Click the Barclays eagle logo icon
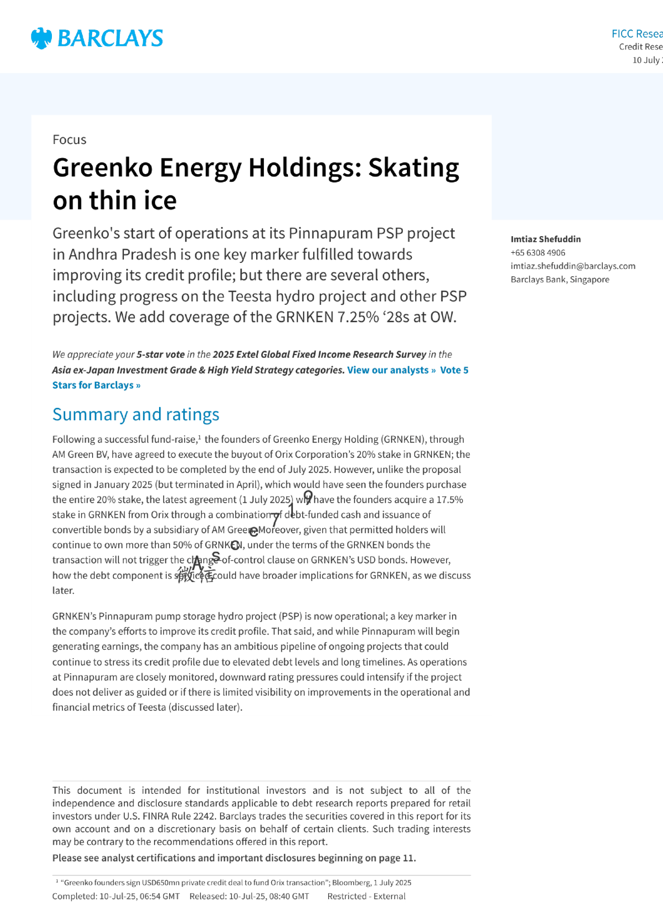click(x=41, y=39)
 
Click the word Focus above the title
click(x=69, y=140)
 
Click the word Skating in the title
click(x=414, y=167)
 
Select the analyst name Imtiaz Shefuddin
click(x=545, y=239)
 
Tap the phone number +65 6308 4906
click(x=537, y=253)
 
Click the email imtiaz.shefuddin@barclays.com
click(x=573, y=266)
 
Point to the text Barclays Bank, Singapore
click(x=560, y=280)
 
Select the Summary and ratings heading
click(x=136, y=415)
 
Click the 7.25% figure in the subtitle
click(x=358, y=317)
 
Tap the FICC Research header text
click(x=637, y=34)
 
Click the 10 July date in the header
click(x=647, y=60)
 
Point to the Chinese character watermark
click(x=196, y=575)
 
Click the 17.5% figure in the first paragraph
click(x=449, y=500)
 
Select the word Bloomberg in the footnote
click(x=351, y=882)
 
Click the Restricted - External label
click(x=366, y=896)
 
